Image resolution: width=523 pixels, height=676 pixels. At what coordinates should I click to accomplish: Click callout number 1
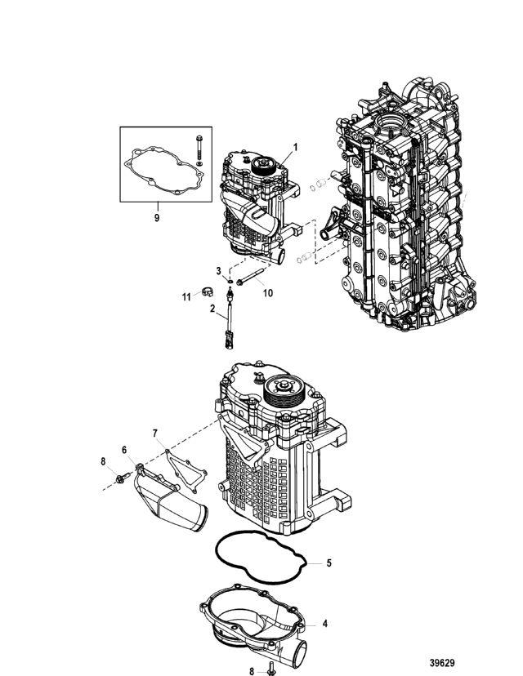pos(295,147)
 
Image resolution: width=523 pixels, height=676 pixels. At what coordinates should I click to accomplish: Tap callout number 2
pos(212,309)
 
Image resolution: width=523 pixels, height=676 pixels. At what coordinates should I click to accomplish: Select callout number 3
pos(219,270)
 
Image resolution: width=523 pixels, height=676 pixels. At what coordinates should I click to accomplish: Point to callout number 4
pos(325,624)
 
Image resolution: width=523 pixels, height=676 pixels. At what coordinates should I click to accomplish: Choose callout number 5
pos(329,563)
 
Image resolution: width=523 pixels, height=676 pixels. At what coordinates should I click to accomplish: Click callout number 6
pos(124,450)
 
